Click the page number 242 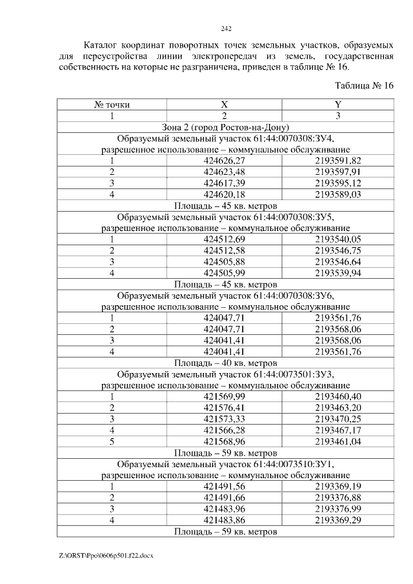[226, 28]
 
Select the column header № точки [112, 105]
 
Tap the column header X [225, 105]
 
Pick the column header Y [337, 105]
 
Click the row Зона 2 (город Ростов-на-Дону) [225, 127]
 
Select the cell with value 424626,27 [225, 161]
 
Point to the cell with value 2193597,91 [337, 172]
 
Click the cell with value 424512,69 [225, 239]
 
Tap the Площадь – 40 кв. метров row [225, 362]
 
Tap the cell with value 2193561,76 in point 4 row [337, 351]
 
